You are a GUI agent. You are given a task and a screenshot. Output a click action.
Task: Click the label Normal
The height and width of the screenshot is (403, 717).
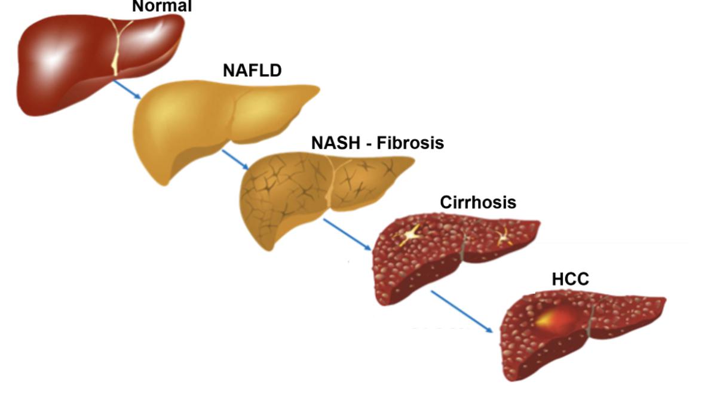[x=162, y=6]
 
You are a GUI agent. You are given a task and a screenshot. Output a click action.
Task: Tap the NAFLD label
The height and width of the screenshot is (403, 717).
[x=252, y=70]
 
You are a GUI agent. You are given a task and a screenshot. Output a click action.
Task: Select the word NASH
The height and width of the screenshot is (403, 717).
[x=336, y=143]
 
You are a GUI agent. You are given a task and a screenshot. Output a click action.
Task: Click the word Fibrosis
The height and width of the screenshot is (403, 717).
[x=410, y=143]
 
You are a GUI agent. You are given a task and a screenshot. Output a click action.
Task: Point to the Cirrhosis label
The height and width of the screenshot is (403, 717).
[x=478, y=202]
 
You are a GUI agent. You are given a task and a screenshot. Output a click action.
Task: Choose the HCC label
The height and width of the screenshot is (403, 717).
[x=571, y=279]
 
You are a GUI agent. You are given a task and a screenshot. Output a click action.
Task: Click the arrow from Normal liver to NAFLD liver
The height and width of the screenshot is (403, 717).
[x=127, y=90]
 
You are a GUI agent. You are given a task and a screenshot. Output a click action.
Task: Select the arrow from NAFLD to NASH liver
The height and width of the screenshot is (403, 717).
[x=235, y=159]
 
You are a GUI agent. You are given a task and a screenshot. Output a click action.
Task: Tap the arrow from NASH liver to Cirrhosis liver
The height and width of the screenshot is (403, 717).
[x=347, y=235]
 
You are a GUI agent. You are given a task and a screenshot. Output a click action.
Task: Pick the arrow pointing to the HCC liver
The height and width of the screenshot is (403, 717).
[x=462, y=312]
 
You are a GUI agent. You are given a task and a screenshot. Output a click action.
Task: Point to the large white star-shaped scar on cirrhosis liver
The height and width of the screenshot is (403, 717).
[x=409, y=235]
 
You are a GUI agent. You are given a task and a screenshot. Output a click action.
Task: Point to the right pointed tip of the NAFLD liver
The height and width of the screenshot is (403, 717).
[x=319, y=89]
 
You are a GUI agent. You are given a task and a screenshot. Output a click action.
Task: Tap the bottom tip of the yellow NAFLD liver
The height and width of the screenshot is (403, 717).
[x=164, y=184]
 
